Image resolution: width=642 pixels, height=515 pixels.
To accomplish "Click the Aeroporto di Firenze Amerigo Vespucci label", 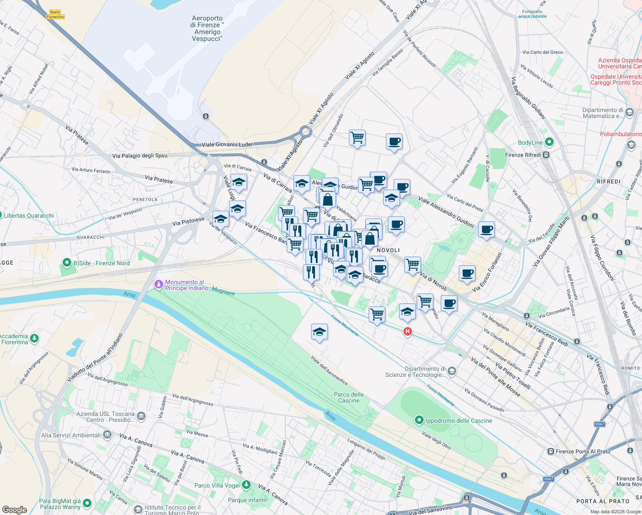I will point(207,28).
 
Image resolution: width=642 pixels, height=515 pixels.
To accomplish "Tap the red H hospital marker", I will point(407,331).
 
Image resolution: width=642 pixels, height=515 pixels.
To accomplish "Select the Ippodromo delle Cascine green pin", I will point(419,420).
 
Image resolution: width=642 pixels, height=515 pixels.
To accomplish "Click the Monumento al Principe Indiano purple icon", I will point(159,284).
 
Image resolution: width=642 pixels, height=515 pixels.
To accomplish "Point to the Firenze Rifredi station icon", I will point(546,155).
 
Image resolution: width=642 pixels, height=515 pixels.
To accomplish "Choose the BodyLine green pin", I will point(549,142).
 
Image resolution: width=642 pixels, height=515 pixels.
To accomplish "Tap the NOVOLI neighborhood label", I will point(388,250).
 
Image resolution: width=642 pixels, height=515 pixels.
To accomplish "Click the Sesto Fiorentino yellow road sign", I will point(55,15).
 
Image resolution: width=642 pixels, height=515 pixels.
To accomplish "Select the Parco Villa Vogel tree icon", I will point(246,485).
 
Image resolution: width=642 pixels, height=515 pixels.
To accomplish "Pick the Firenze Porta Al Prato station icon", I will point(551,451).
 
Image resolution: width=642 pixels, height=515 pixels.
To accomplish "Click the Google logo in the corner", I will point(14,509).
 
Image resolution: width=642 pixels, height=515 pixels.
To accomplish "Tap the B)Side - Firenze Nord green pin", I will point(67,262).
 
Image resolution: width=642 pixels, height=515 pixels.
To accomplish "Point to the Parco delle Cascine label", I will point(348,397).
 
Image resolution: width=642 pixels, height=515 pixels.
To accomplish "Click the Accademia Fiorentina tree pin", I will point(34,338).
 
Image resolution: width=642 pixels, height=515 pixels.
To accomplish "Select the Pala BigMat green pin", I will point(87,503).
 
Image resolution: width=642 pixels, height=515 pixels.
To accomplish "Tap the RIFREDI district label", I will point(609,182).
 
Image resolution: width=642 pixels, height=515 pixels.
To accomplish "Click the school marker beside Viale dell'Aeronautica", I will point(319,332).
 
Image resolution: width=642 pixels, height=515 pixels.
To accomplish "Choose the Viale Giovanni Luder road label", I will point(227,145).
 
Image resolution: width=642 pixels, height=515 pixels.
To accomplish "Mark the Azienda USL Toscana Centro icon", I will point(141,416).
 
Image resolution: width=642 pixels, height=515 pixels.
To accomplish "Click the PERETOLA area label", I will point(145,200).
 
